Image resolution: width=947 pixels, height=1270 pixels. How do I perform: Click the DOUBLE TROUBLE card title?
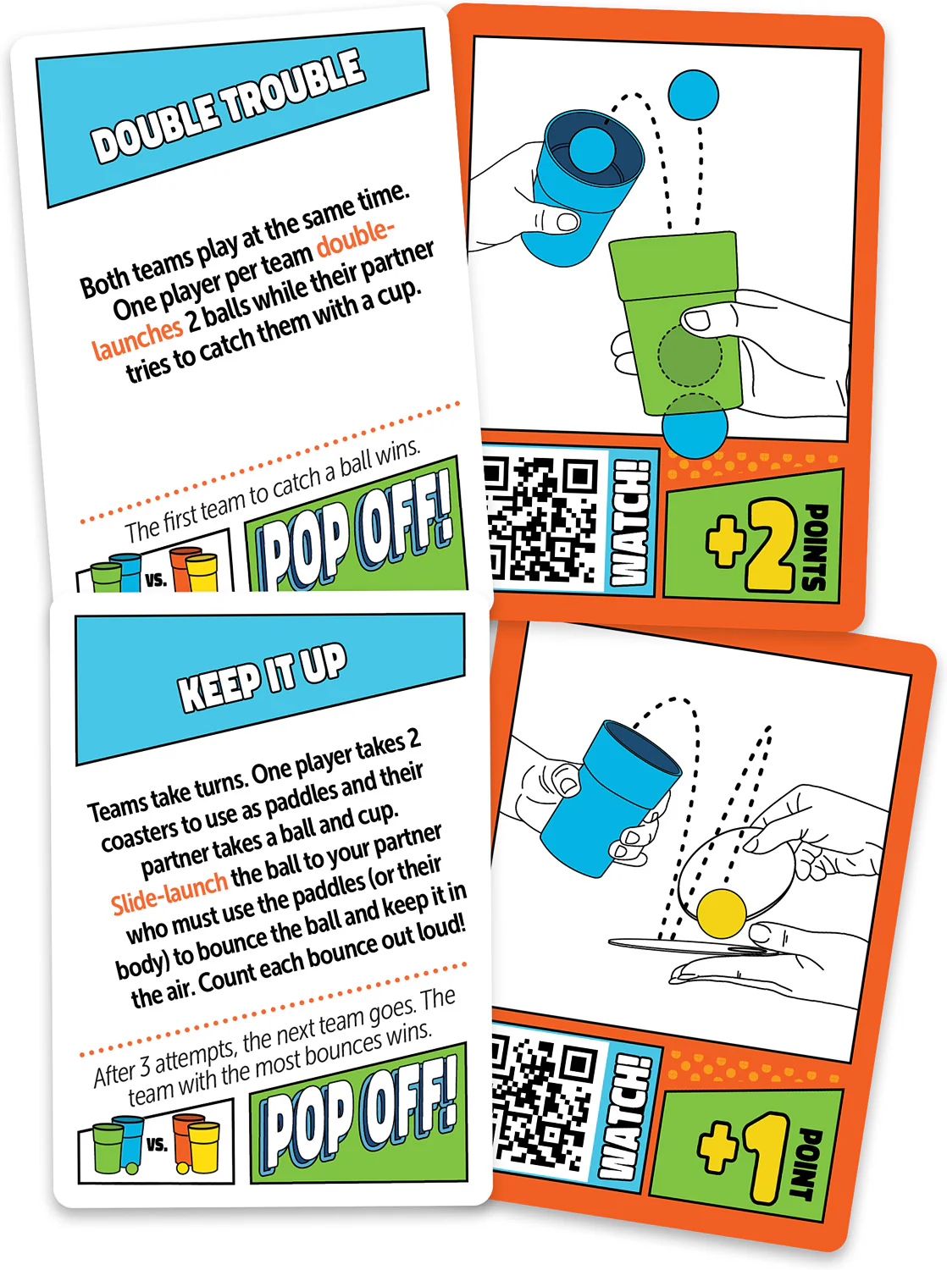pos(228,105)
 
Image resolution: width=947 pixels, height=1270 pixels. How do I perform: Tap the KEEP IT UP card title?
pos(263,677)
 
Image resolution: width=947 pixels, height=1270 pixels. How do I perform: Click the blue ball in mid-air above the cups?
pos(693,95)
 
